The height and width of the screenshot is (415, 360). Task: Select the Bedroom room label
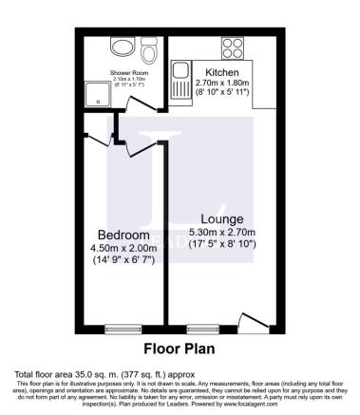[123, 236]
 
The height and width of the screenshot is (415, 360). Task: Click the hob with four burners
[232, 47]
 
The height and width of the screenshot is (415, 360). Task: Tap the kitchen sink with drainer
[181, 80]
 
